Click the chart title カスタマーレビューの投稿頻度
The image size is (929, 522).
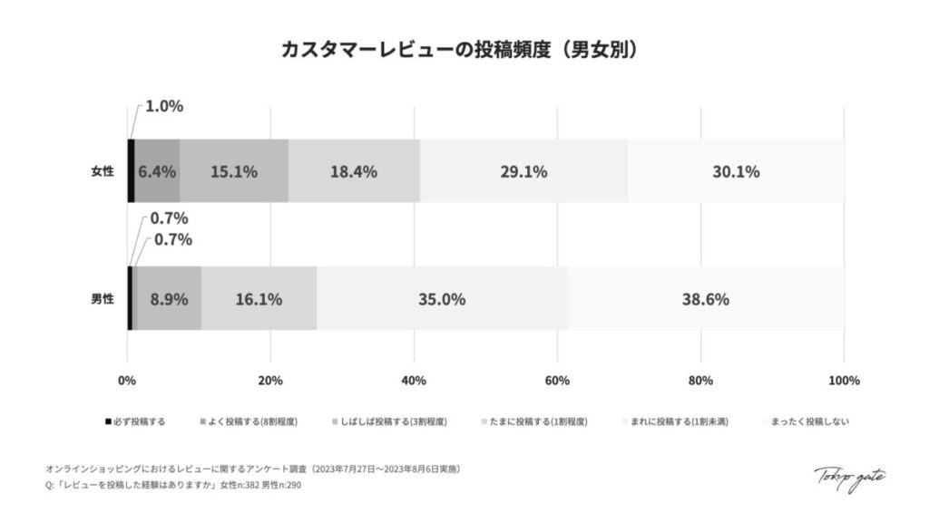pyautogui.click(x=464, y=49)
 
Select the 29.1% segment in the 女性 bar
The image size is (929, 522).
pyautogui.click(x=523, y=170)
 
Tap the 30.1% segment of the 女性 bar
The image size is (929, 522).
pyautogui.click(x=736, y=170)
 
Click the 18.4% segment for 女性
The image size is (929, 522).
pyautogui.click(x=354, y=170)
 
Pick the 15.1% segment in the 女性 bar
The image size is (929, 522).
pyautogui.click(x=234, y=170)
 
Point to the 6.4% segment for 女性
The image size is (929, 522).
pyautogui.click(x=157, y=170)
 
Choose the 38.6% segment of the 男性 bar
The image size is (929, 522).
pyautogui.click(x=706, y=298)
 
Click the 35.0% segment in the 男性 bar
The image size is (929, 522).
pyautogui.click(x=442, y=298)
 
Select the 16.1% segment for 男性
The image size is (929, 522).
pyautogui.click(x=259, y=298)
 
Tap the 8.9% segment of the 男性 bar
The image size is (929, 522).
pyautogui.click(x=169, y=298)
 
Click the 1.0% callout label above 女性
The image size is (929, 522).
pyautogui.click(x=164, y=106)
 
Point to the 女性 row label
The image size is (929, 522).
pyautogui.click(x=102, y=170)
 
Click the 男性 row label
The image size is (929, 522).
pyautogui.click(x=102, y=298)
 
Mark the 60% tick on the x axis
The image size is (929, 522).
pyautogui.click(x=557, y=381)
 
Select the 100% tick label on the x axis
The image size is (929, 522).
pyautogui.click(x=844, y=381)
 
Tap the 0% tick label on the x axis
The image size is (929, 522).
pyautogui.click(x=127, y=381)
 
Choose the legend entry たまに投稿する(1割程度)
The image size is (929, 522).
pyautogui.click(x=538, y=421)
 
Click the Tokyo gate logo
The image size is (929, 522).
pyautogui.click(x=849, y=478)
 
